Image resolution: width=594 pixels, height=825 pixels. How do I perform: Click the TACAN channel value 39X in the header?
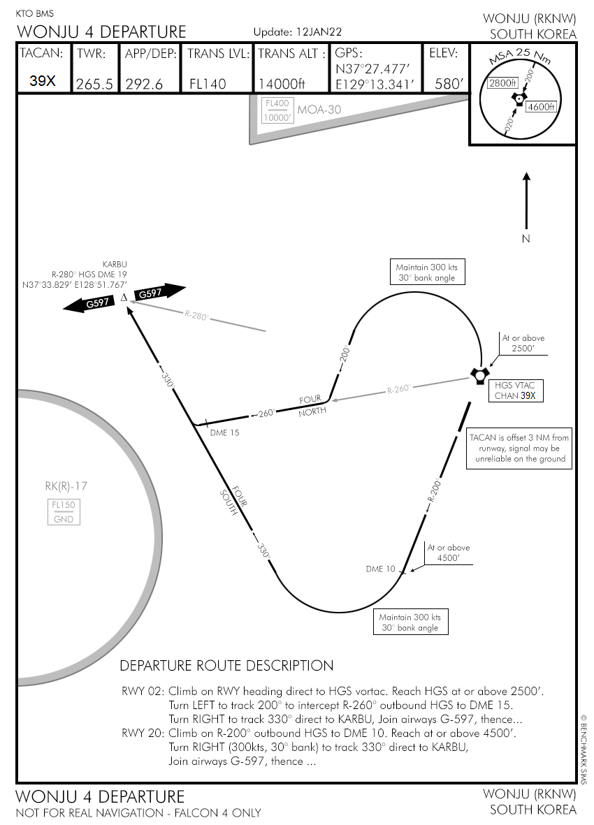(x=43, y=80)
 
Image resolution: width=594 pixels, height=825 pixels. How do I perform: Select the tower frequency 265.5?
(x=94, y=84)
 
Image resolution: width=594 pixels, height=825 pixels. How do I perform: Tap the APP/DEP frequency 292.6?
(x=144, y=84)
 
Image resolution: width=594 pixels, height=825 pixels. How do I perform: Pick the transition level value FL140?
(x=208, y=84)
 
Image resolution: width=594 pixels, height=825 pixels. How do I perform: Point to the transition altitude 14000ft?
(x=282, y=84)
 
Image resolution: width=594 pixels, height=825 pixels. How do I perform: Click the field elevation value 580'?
(x=449, y=84)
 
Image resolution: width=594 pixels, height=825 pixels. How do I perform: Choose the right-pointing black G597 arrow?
(x=160, y=293)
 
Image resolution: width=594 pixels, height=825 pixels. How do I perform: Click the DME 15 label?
(x=224, y=432)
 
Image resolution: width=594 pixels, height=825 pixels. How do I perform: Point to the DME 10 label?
(x=381, y=569)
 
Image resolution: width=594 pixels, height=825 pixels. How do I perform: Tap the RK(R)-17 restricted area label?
(x=66, y=486)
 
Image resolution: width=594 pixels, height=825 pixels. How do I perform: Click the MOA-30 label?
(x=319, y=110)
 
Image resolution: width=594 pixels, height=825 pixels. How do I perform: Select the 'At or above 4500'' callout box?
(x=449, y=553)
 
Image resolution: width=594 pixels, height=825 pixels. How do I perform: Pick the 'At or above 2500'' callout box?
(x=523, y=342)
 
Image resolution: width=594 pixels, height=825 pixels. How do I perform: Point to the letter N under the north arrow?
(x=526, y=239)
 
